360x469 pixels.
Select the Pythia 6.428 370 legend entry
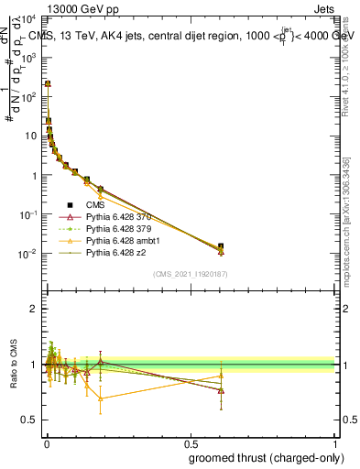click(115, 216)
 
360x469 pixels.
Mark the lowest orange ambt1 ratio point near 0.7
click(100, 398)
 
